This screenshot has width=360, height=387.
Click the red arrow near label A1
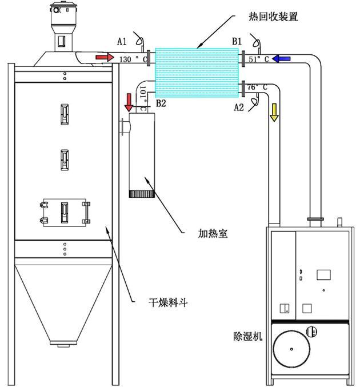pyautogui.click(x=105, y=58)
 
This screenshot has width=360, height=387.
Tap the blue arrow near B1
pyautogui.click(x=282, y=58)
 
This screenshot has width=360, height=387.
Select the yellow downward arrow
pyautogui.click(x=274, y=112)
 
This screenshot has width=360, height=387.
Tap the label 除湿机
pyautogui.click(x=248, y=337)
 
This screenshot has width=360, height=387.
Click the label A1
pyautogui.click(x=122, y=41)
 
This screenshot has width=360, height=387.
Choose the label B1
pyautogui.click(x=237, y=41)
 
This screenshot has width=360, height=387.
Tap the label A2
pyautogui.click(x=241, y=106)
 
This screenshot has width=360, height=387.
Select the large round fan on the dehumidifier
pyautogui.click(x=291, y=348)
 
